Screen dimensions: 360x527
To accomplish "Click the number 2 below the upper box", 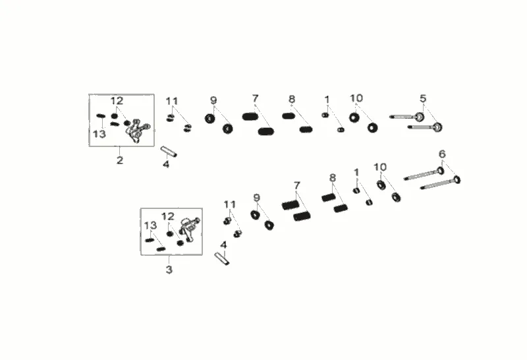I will pos(120,160).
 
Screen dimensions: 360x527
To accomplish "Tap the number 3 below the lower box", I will pos(169,270).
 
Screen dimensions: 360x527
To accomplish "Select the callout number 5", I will pos(423,98).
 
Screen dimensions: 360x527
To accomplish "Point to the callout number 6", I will pos(442,154).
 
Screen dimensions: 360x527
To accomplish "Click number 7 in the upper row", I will pos(255,99).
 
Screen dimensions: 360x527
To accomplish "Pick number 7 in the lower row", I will pos(297,185).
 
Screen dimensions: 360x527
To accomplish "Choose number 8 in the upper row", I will pos(292,99).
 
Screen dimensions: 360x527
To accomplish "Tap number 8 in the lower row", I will pos(333,177).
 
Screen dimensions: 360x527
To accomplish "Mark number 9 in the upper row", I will pos(213,100).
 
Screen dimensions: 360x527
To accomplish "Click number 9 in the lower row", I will pos(256,197).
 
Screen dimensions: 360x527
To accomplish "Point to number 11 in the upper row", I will pos(172,101).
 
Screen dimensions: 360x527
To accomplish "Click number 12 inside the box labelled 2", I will pos(117,101).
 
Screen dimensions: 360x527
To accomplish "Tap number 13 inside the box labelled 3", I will pos(150,225).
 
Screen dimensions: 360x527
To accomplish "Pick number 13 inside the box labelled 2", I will pos(99,134).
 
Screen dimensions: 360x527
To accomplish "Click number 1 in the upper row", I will pos(326,99).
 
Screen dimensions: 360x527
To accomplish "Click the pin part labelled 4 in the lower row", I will pos(221,258).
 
